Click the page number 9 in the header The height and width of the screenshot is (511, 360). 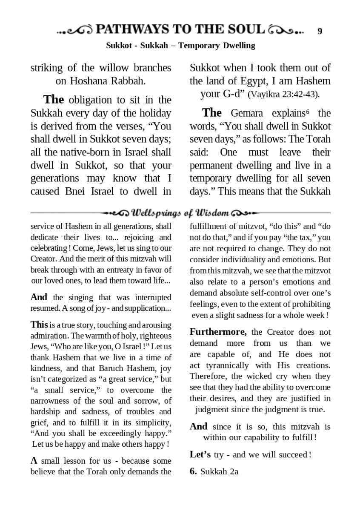[320, 31]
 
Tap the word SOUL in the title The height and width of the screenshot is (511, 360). [244, 29]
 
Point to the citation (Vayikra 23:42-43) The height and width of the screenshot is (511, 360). [283, 95]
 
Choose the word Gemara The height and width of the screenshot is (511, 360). [247, 113]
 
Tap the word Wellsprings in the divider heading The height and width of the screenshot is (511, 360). [156, 212]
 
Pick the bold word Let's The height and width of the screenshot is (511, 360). [200, 455]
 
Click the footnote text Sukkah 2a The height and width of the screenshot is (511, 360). [219, 471]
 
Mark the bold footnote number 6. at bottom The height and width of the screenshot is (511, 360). [193, 471]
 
